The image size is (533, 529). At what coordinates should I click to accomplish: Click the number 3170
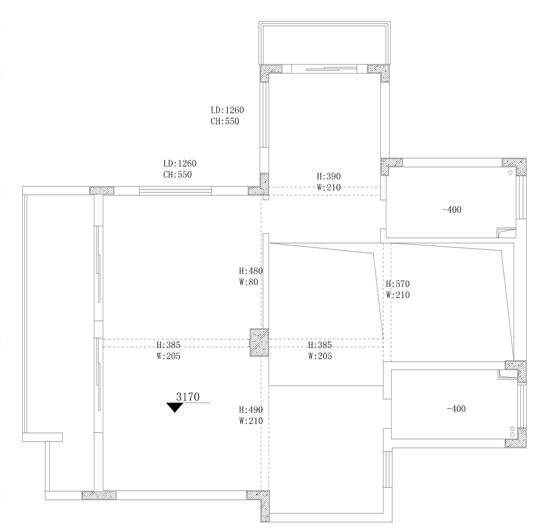pos(188,397)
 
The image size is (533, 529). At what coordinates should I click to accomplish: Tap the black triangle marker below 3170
pos(175,407)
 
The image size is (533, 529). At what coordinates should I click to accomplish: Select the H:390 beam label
pos(329,176)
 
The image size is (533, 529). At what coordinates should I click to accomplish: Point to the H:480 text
pos(251,271)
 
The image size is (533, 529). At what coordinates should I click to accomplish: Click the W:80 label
pos(248,282)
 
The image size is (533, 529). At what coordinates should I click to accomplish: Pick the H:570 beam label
pos(398,284)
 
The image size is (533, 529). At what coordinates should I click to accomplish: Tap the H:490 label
pos(251,410)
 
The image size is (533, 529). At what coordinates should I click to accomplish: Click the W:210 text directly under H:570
pos(398,295)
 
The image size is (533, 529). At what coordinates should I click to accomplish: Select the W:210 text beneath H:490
pos(251,421)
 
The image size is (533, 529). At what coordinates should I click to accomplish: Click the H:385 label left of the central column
pos(168,345)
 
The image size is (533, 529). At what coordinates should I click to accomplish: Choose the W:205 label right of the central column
pos(320,356)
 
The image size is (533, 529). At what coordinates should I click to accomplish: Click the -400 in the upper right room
pos(452,210)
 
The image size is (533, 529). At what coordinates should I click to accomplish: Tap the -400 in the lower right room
pos(456,409)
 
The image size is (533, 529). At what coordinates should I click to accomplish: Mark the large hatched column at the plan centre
pos(259,342)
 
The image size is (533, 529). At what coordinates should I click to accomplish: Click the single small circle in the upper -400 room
pos(510,172)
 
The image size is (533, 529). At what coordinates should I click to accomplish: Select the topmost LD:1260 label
pos(227,110)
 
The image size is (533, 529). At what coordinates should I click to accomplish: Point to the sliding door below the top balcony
pos(324,68)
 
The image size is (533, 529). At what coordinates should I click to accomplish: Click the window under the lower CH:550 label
pos(175,191)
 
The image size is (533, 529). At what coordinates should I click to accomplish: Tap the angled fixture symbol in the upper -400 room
pos(506,233)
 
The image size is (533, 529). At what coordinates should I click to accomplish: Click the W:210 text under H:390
pos(329,187)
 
